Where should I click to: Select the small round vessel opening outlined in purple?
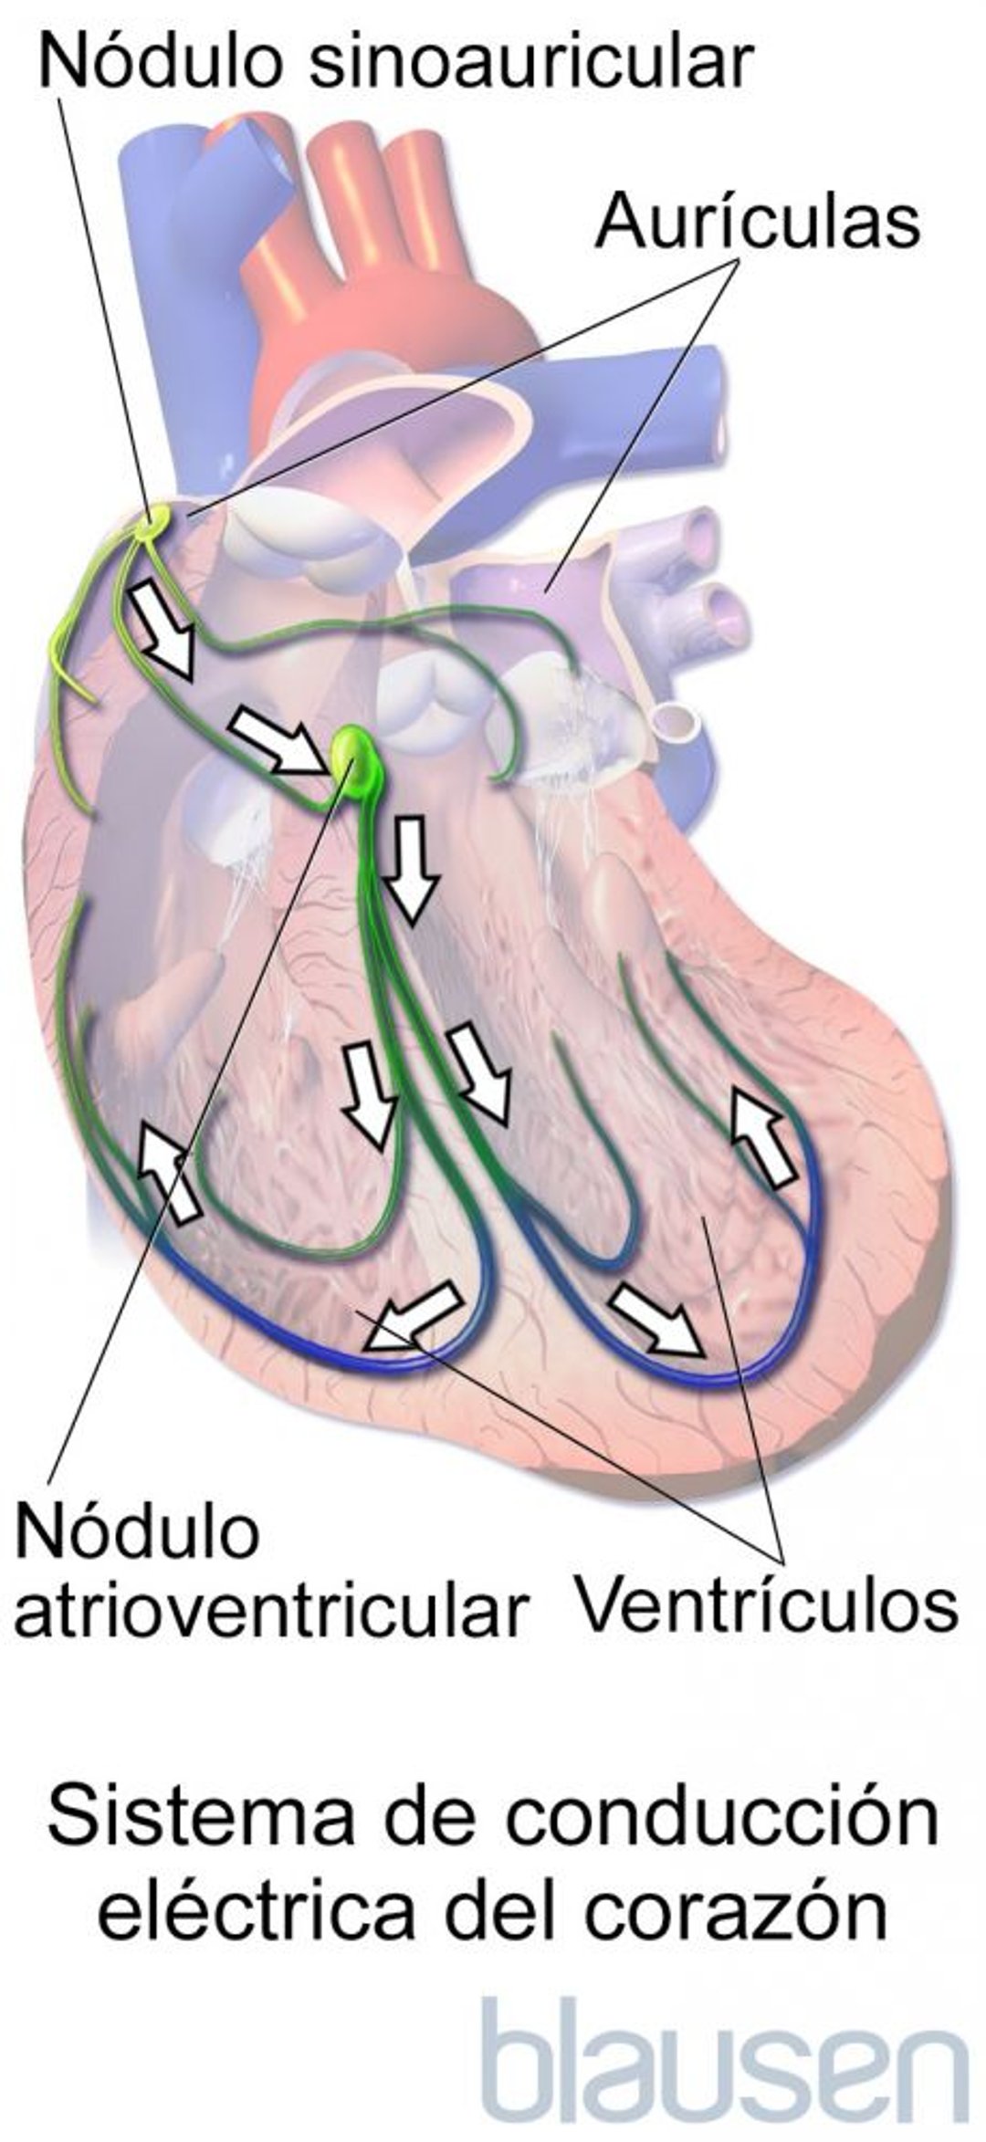tap(678, 720)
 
